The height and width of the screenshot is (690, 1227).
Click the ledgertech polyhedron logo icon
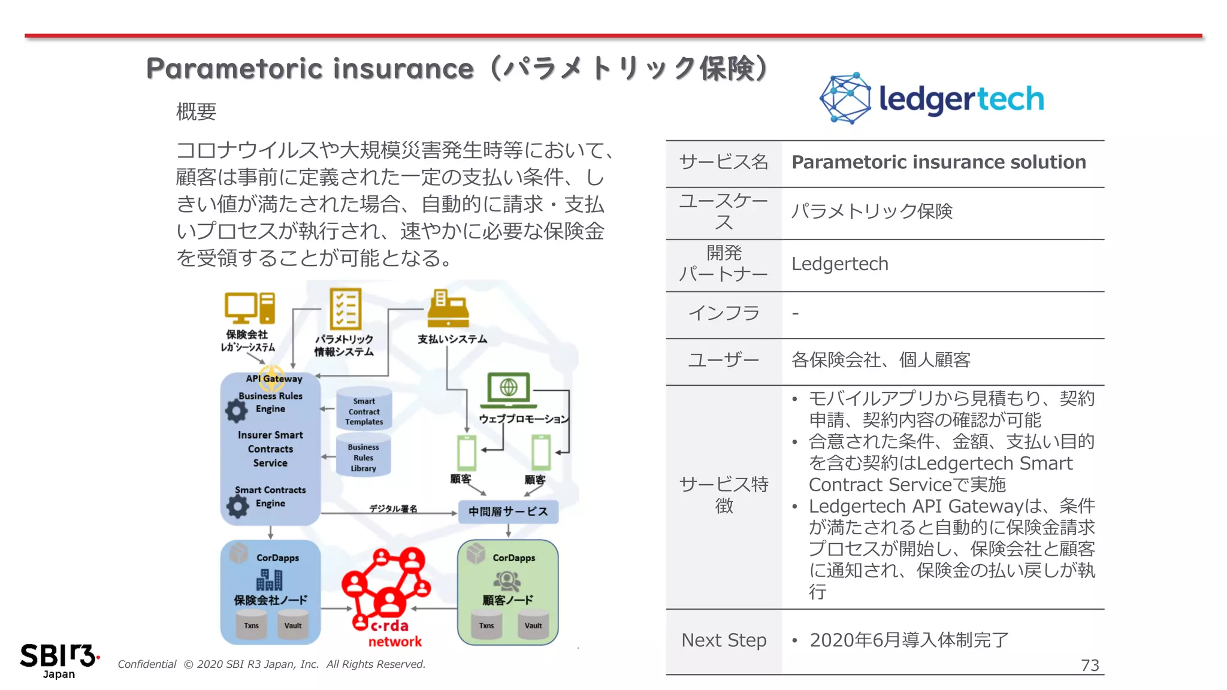pos(845,98)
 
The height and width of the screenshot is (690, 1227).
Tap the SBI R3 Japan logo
pos(59,660)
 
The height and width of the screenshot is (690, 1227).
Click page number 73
pos(1089,665)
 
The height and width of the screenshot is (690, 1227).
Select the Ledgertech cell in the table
pos(839,264)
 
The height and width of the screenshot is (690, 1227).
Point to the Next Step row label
pos(724,640)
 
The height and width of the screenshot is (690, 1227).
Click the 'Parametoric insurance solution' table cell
pos(938,162)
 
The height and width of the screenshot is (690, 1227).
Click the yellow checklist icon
pos(345,308)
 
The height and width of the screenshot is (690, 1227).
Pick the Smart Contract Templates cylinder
pos(364,410)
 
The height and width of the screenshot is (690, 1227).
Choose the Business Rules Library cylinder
pos(363,456)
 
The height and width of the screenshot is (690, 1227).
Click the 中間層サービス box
pos(508,512)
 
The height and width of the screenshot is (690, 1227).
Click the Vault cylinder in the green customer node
pos(533,624)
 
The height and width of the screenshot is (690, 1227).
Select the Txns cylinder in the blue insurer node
pos(251,624)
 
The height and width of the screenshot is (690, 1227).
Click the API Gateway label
pos(274,379)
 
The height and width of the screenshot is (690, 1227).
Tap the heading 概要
pos(196,111)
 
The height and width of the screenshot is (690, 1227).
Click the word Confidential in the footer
pos(147,664)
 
